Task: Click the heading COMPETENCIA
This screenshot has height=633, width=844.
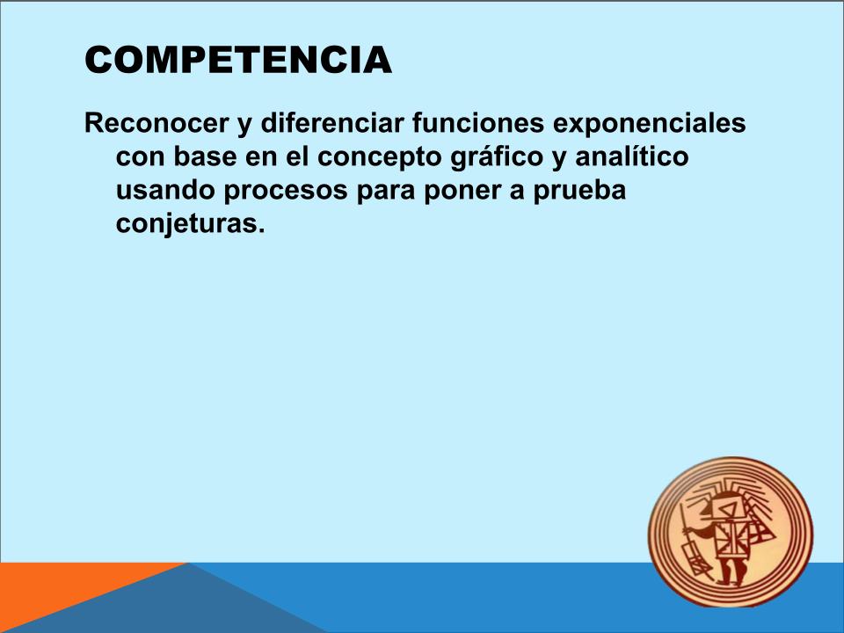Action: [238, 60]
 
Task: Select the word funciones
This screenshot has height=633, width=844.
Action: [478, 123]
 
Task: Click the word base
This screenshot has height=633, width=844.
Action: [205, 156]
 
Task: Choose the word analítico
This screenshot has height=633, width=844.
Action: [632, 156]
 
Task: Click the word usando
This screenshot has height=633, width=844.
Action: [165, 190]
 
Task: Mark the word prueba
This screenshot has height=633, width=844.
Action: [579, 191]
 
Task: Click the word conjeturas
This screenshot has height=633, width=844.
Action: [191, 224]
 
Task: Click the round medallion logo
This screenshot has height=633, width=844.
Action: [731, 532]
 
